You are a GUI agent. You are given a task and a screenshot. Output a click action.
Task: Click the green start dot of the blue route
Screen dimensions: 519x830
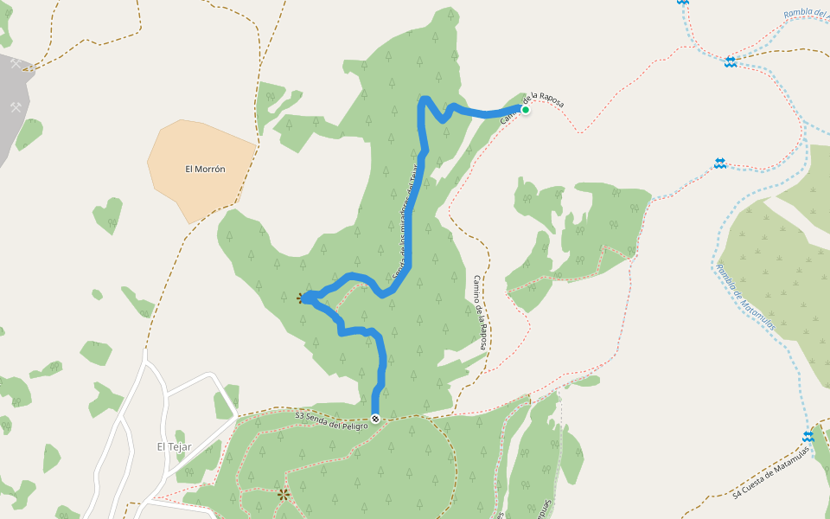click(x=525, y=109)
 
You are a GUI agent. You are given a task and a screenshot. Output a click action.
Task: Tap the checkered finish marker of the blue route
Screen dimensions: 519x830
click(x=375, y=419)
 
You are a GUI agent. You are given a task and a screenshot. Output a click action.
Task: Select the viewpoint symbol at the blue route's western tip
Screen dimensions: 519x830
click(x=302, y=298)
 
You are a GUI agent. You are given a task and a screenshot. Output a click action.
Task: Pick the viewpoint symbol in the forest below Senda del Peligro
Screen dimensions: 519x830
click(x=284, y=495)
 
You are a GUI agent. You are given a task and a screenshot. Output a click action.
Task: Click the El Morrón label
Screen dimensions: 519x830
click(x=205, y=170)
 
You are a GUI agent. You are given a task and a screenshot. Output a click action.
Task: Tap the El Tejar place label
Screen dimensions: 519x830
click(x=174, y=446)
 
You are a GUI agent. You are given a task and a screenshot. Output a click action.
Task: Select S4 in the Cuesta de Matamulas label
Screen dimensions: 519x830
click(x=737, y=494)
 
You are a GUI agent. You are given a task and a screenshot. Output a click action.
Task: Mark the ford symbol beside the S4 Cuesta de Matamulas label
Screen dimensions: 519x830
click(x=808, y=437)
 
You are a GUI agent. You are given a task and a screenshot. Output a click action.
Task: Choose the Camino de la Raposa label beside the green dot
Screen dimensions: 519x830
click(x=533, y=106)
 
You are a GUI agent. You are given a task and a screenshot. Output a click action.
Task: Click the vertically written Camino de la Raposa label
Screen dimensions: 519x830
click(x=480, y=312)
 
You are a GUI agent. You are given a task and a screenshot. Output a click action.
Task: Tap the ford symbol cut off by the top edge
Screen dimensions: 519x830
click(x=683, y=3)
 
